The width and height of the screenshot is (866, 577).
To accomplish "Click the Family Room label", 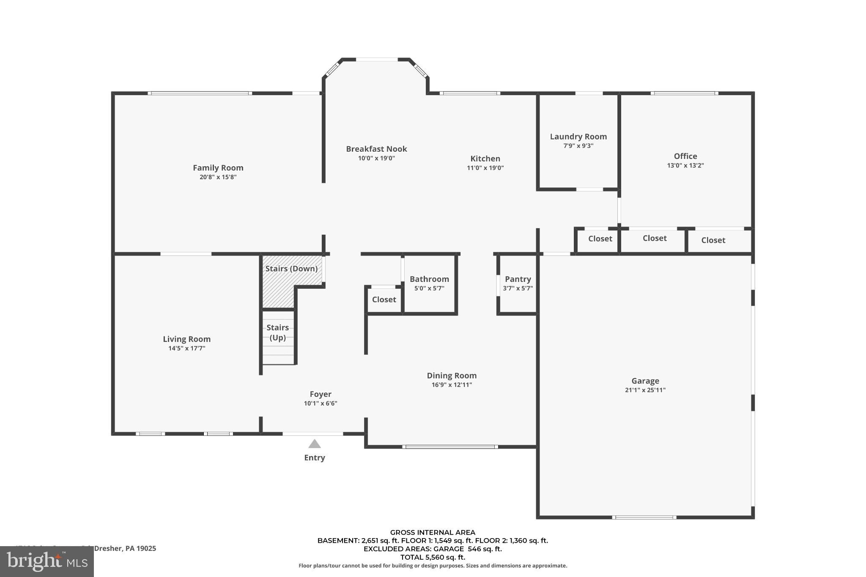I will coord(218,168).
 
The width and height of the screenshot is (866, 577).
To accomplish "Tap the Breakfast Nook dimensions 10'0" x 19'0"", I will coord(376,158).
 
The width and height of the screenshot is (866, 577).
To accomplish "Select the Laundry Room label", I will coord(578,137).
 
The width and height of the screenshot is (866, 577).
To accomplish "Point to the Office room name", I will coord(685,156).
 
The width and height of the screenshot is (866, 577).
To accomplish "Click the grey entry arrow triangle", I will coord(314,444).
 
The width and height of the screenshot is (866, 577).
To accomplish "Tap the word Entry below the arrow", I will coord(314,457).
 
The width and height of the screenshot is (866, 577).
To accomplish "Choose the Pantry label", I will coord(518,279).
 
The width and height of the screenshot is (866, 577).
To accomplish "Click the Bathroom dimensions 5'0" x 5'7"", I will coord(429,288).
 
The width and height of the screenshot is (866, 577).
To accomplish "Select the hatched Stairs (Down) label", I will coord(291,268).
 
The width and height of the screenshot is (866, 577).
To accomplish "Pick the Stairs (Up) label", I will coord(277,332).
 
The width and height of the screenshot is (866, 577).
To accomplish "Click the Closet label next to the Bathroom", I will coord(384,299).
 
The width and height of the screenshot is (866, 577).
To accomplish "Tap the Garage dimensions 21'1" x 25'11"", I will coord(645,390).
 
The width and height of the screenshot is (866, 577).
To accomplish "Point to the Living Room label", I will coord(186,339).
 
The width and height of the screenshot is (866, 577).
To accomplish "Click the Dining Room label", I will coord(451,375).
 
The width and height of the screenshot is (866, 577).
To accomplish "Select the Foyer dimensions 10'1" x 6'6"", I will coord(320,403).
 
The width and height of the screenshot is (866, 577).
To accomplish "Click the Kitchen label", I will coord(485,159).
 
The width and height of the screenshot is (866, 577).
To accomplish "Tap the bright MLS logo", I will coord(47,561).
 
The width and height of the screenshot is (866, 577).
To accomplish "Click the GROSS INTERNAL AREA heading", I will coord(432,532).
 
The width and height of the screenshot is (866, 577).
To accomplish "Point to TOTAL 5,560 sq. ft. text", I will coord(432,557).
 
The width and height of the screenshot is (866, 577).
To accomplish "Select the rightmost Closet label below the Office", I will coord(713,240).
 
